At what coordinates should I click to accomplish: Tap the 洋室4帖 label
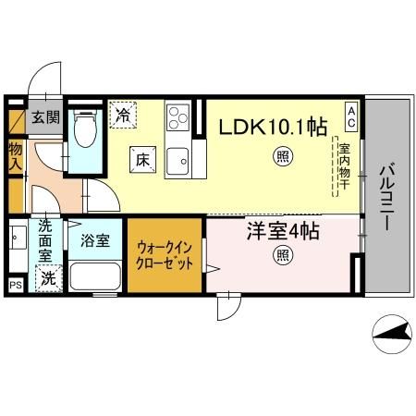pos(281,232)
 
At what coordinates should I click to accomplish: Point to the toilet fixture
pos(84,128)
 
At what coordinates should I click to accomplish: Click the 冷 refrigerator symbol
pos(122,115)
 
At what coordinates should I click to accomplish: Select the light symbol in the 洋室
pos(278,256)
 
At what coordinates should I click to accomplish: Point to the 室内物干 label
pos(343,165)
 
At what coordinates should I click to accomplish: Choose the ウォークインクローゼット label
pos(164,255)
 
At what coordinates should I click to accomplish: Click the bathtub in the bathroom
pos(95,275)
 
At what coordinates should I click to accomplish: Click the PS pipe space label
pos(15,286)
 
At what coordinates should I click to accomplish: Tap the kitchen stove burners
pos(177,117)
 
